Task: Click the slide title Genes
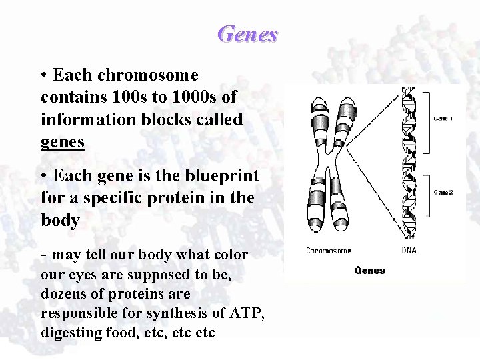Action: point(247,33)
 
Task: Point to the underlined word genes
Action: point(62,141)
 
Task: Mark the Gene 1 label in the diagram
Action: point(443,119)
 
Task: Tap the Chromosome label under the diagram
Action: point(329,251)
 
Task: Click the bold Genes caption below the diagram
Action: point(369,270)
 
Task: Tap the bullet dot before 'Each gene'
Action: point(43,177)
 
